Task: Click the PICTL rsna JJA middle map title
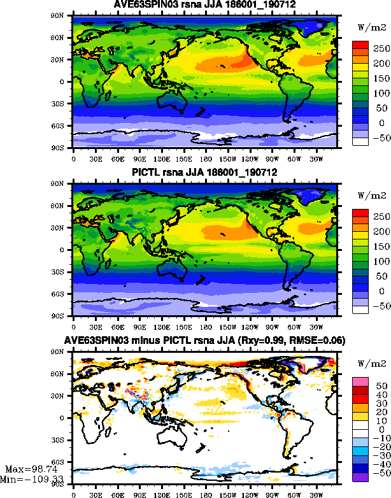pos(204,173)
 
